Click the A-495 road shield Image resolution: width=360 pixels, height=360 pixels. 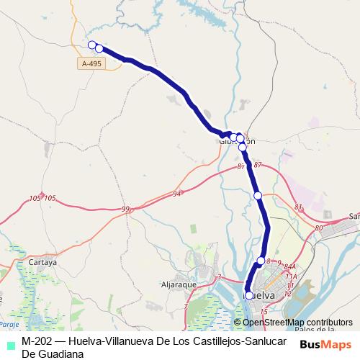pos(91,64)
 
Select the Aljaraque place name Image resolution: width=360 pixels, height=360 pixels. pos(179,285)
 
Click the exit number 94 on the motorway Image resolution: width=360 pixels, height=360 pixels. pos(177,194)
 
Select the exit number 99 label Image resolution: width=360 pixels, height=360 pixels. pos(126,209)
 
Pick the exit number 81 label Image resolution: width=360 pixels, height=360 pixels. pos(299,207)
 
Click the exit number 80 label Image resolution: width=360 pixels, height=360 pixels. pos(318,228)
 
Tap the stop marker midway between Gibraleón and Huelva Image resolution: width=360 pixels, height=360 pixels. pos(257,195)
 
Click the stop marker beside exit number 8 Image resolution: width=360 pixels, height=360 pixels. pos(261,261)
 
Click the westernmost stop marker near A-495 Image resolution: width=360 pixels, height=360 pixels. pos(91,45)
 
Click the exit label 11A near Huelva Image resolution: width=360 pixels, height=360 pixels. pos(291,276)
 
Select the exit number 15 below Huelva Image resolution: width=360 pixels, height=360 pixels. pos(264,311)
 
